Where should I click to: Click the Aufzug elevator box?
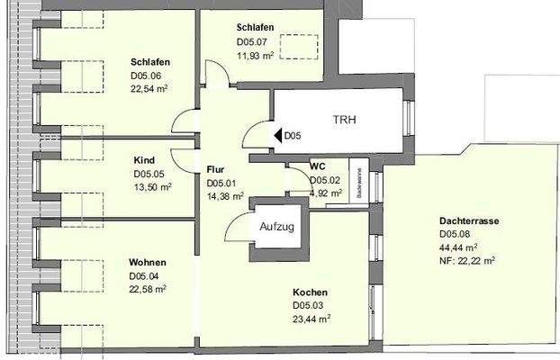(x=276, y=227)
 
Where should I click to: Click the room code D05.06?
(x=149, y=76)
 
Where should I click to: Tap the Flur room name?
(x=214, y=169)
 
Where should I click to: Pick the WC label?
(x=317, y=166)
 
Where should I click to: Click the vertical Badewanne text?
(x=357, y=183)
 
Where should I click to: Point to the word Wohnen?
(x=147, y=263)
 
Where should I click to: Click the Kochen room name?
(x=309, y=292)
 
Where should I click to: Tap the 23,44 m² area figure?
(x=312, y=318)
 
